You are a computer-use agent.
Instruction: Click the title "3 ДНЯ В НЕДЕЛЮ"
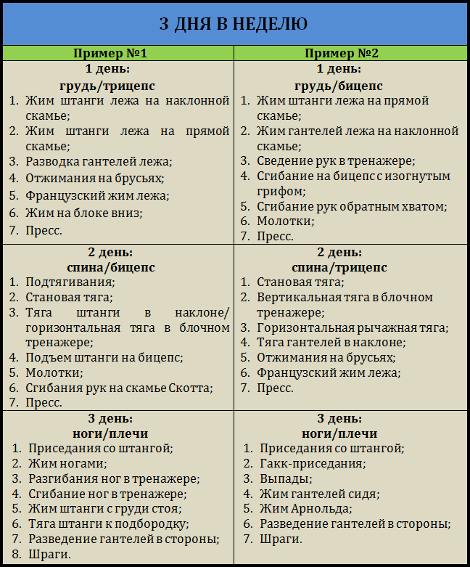click(234, 23)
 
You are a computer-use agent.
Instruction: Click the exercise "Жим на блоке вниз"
click(84, 213)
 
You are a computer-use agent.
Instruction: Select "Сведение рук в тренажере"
click(336, 160)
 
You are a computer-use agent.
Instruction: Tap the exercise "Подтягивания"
click(70, 282)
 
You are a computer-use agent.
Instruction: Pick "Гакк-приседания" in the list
click(313, 463)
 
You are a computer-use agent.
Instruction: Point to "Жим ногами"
click(67, 463)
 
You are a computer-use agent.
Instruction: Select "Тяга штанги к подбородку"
click(108, 523)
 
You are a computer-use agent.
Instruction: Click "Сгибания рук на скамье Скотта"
click(120, 388)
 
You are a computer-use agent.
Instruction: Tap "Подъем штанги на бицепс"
click(104, 357)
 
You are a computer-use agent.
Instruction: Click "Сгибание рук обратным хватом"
click(352, 206)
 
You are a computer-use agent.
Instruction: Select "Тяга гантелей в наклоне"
click(331, 343)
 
